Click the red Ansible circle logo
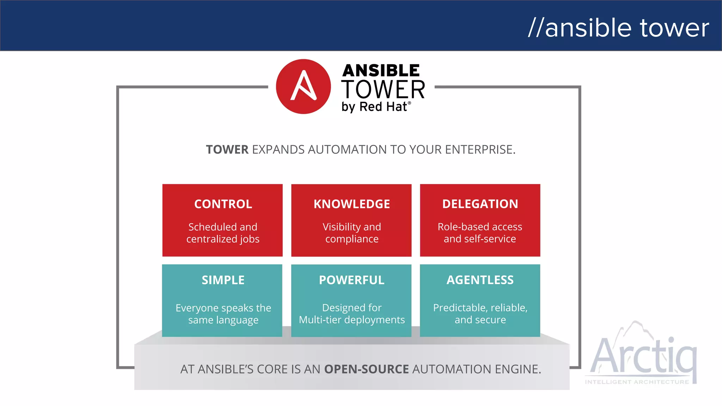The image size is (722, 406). pyautogui.click(x=303, y=87)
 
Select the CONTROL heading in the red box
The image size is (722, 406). pyautogui.click(x=223, y=204)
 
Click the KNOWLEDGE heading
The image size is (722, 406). pyautogui.click(x=351, y=204)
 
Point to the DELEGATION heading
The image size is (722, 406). pyautogui.click(x=480, y=204)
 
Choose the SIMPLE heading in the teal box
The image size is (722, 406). pyautogui.click(x=223, y=280)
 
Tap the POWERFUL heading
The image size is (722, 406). pyautogui.click(x=351, y=280)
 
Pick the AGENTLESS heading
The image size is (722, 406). pyautogui.click(x=480, y=280)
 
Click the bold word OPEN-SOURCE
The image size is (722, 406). pyautogui.click(x=366, y=369)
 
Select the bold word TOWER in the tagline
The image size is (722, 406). pyautogui.click(x=227, y=150)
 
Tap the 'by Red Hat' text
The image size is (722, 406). pyautogui.click(x=375, y=107)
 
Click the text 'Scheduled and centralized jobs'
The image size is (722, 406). pyautogui.click(x=223, y=233)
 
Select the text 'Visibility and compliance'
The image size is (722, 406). pyautogui.click(x=351, y=233)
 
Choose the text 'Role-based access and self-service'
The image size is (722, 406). pyautogui.click(x=480, y=233)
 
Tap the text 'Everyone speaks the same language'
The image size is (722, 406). pyautogui.click(x=223, y=314)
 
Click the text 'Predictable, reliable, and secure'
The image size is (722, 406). pyautogui.click(x=480, y=314)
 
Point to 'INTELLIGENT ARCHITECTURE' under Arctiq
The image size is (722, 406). pyautogui.click(x=637, y=382)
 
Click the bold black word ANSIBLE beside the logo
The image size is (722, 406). pyautogui.click(x=381, y=71)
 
